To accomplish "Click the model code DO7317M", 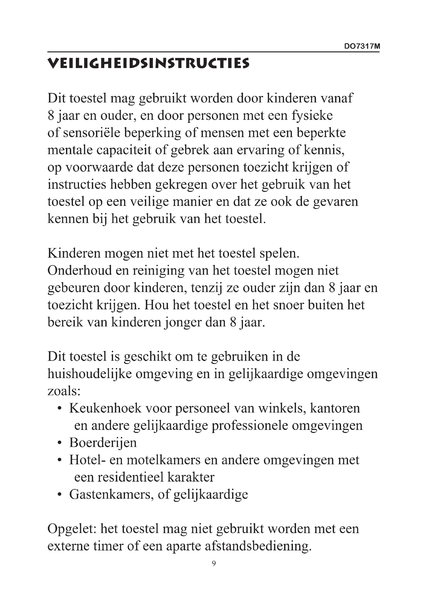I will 362,46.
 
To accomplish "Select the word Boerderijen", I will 103,442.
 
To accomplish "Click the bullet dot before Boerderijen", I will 60,443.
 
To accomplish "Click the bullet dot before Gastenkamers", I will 60,494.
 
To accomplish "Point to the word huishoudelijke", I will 90,374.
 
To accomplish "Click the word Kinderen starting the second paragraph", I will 74,253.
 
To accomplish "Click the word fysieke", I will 312,115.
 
